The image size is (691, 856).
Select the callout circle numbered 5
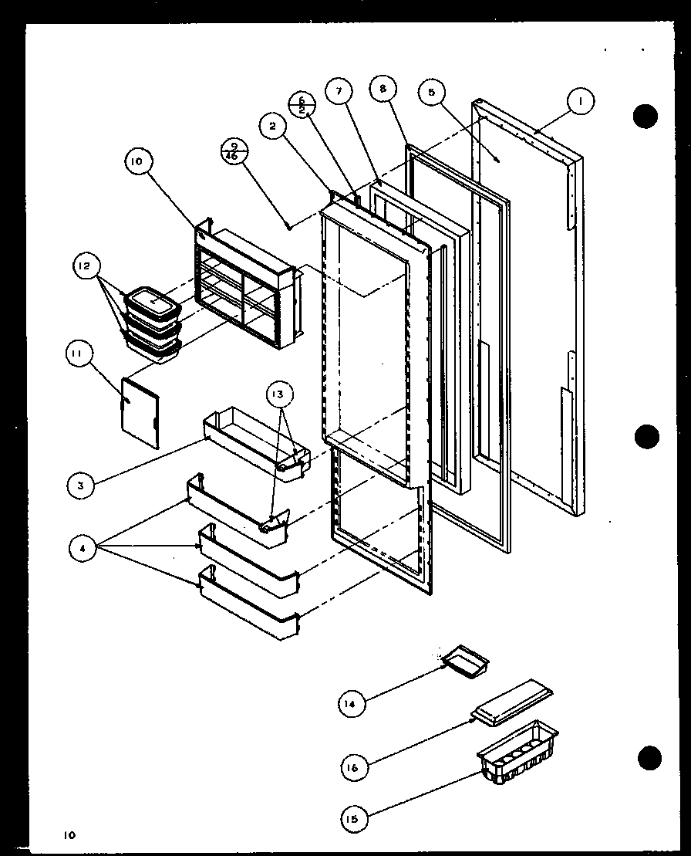coord(431,93)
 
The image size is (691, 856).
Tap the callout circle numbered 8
coord(382,88)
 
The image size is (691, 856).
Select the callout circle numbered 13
coord(278,394)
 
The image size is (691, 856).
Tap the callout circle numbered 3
coord(80,486)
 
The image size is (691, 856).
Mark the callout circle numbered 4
coord(83,550)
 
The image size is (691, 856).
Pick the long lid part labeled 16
coord(513,700)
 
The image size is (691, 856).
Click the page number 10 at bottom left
coord(70,834)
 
